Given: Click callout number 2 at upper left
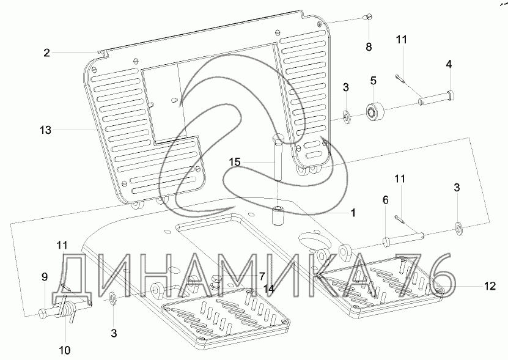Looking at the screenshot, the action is click(46, 53).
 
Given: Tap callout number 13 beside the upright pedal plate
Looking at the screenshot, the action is click(45, 130).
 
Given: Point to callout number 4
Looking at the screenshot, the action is click(449, 64).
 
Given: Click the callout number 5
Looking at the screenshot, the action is click(372, 80).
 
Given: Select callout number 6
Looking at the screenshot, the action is click(385, 200).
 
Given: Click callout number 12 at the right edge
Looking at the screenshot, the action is click(490, 285).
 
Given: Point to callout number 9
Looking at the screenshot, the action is click(44, 277).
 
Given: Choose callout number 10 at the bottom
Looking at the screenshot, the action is click(65, 350).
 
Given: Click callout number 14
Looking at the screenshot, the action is click(268, 287).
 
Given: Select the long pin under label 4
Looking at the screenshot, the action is click(435, 96).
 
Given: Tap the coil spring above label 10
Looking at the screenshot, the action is click(67, 309).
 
